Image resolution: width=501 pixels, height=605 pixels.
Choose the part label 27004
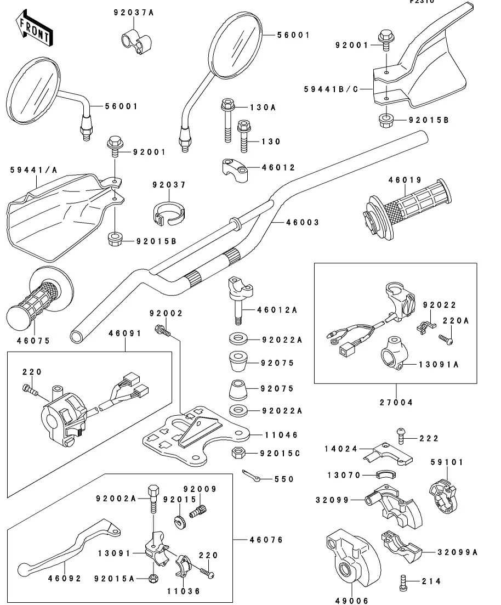(395, 402)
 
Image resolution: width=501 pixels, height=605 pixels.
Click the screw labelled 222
(400, 437)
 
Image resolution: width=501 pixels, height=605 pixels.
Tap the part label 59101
(447, 462)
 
